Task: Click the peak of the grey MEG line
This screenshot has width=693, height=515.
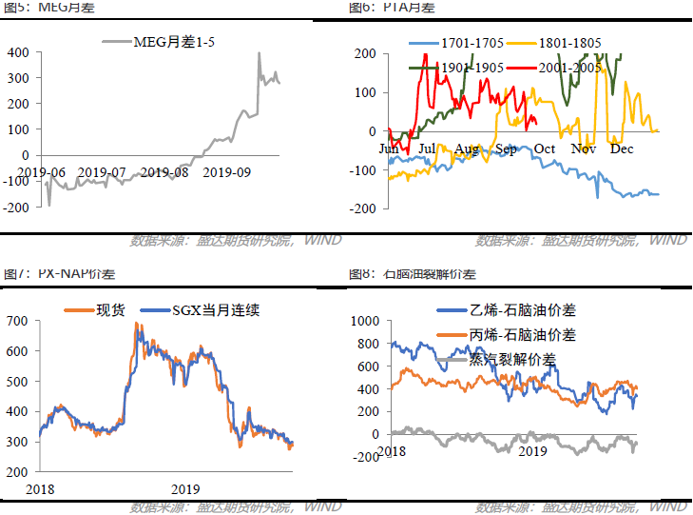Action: click(x=260, y=54)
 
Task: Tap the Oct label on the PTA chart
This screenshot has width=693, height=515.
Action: click(x=545, y=149)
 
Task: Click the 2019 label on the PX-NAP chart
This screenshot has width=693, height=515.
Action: click(x=186, y=487)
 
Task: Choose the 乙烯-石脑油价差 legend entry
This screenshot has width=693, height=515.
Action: click(x=522, y=310)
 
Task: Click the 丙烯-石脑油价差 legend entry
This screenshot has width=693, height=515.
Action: click(x=522, y=335)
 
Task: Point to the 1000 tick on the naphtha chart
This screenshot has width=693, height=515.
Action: click(x=363, y=321)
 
